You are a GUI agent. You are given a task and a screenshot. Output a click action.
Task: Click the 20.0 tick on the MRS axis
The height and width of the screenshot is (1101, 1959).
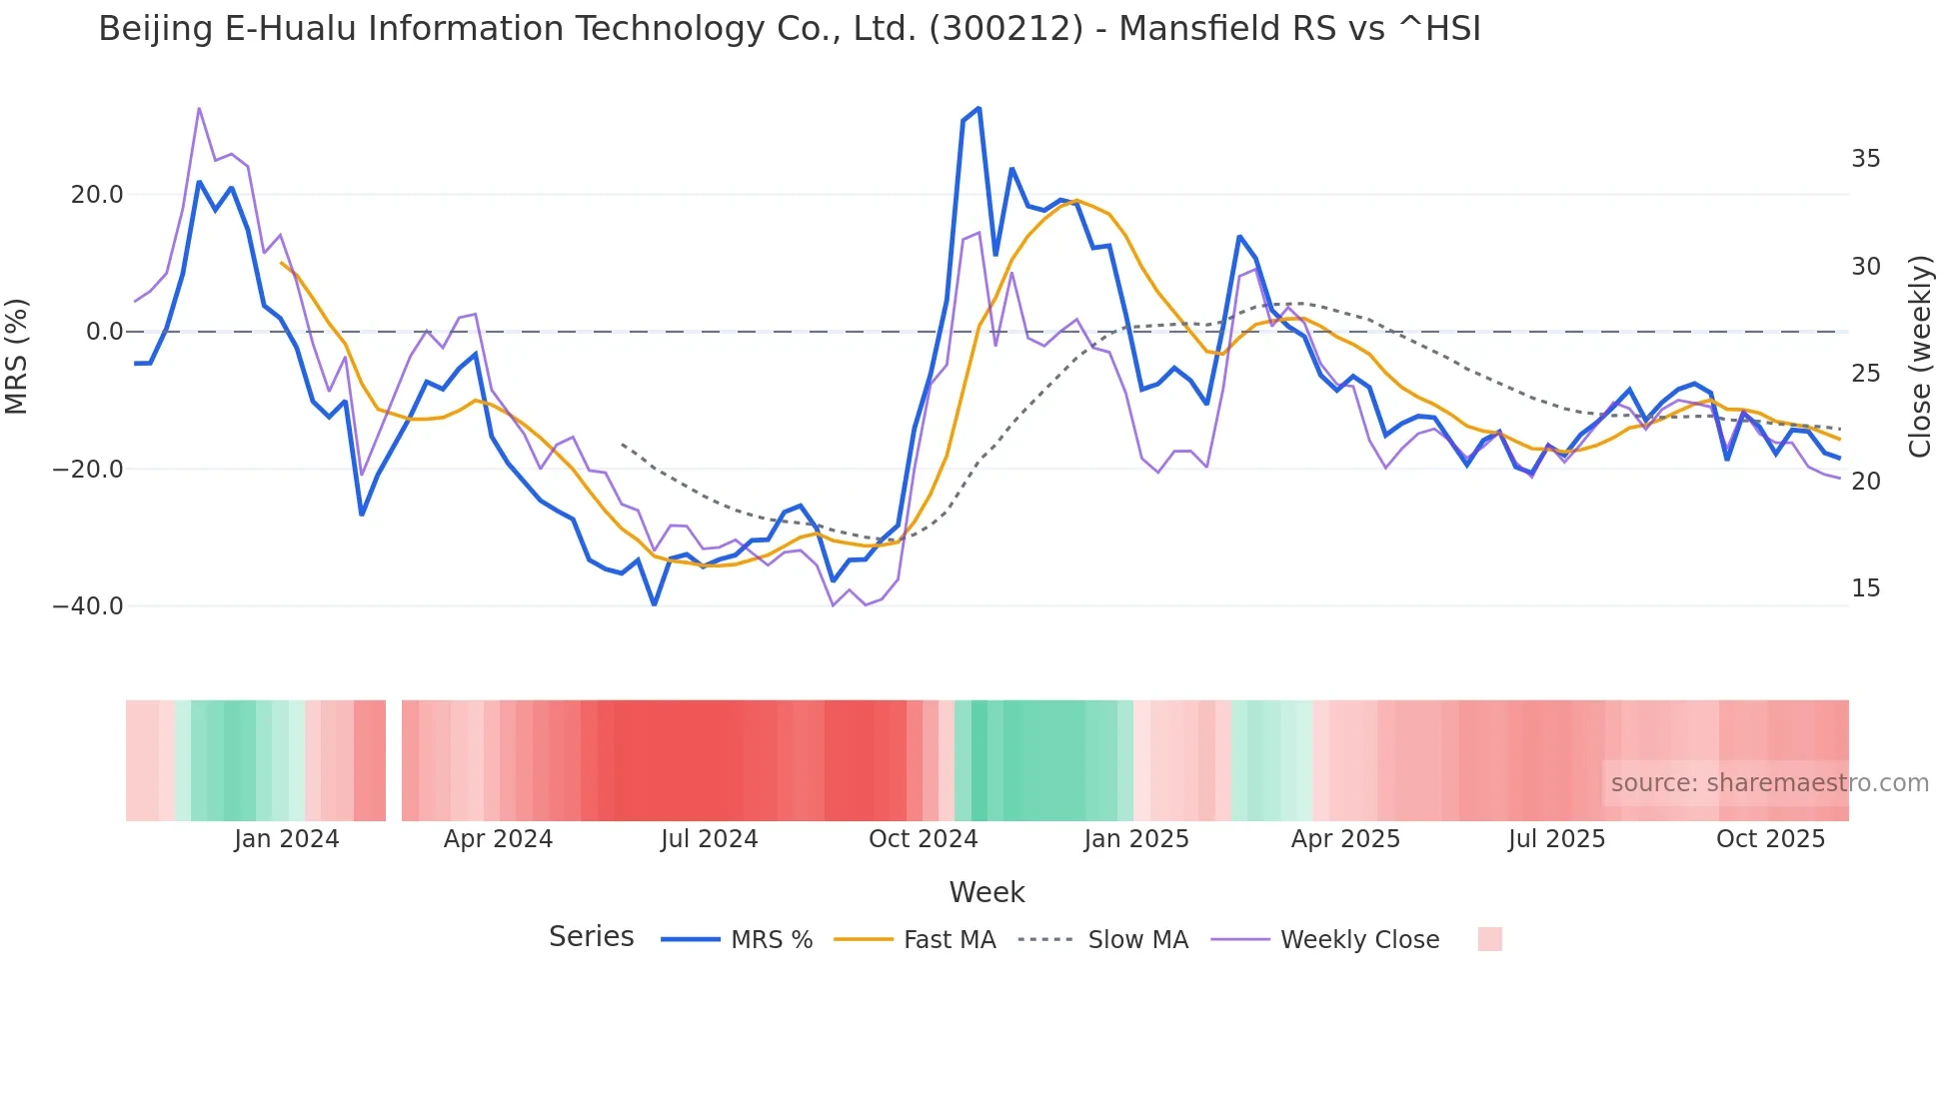tap(96, 195)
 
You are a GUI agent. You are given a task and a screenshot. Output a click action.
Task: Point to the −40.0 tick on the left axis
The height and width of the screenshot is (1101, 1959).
tap(88, 606)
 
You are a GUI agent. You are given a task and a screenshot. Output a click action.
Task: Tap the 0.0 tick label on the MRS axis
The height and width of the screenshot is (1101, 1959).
tap(104, 332)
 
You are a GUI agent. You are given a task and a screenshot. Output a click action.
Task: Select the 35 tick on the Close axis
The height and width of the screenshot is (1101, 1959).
tap(1865, 159)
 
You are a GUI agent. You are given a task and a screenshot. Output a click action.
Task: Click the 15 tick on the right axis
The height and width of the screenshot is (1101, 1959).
tap(1865, 588)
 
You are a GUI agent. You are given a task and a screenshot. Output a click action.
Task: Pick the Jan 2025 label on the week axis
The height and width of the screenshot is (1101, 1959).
tap(1136, 839)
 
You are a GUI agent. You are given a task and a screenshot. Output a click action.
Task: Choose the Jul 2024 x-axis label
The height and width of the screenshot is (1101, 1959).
tap(709, 839)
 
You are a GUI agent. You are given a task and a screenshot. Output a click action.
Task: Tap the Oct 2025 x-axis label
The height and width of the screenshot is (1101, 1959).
tap(1770, 839)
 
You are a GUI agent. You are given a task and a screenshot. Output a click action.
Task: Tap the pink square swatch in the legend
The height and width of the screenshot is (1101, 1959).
tap(1489, 939)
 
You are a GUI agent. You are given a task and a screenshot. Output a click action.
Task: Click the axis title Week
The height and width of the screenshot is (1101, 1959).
tap(986, 892)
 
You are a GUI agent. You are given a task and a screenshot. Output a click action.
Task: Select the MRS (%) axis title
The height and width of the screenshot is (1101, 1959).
tap(17, 356)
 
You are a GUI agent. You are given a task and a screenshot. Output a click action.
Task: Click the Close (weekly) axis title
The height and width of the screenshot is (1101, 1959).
tap(1920, 356)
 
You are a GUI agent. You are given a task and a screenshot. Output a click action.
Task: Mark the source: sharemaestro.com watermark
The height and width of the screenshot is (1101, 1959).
tap(1769, 783)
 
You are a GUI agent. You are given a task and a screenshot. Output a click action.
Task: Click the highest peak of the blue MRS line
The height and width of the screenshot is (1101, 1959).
tap(979, 108)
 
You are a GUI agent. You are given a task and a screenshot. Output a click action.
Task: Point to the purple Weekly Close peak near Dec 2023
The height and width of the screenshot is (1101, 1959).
tap(199, 108)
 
